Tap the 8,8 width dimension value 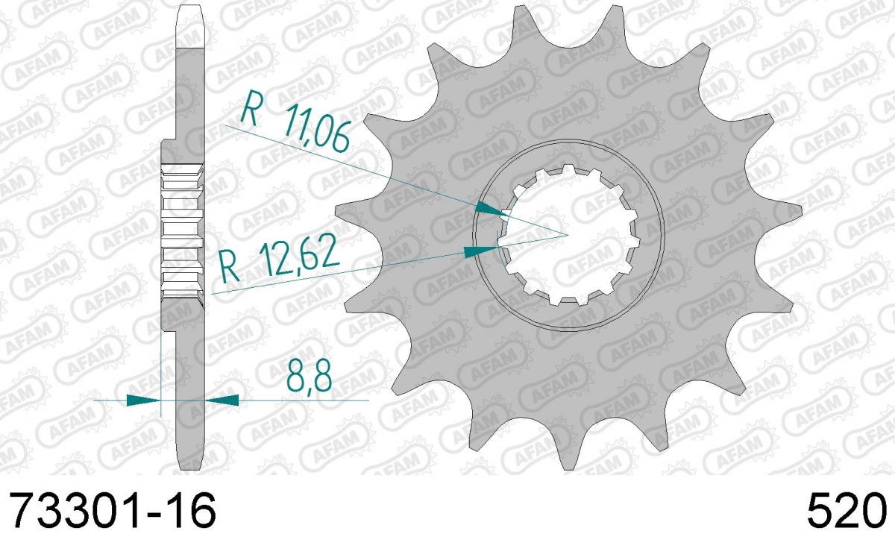tap(310, 376)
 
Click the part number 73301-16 tap(113, 511)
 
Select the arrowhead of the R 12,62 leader tap(481, 251)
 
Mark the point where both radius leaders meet tap(568, 235)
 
